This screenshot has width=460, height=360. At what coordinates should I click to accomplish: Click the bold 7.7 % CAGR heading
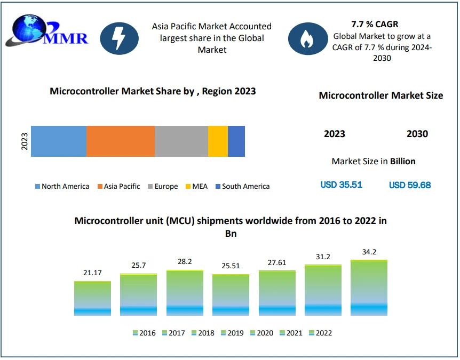375,24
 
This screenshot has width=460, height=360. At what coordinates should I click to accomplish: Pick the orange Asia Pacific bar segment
121,141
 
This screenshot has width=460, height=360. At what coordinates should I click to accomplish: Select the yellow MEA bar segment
218,141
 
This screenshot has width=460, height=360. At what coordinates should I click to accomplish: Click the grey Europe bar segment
181,141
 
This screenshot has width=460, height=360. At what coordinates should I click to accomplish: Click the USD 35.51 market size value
342,185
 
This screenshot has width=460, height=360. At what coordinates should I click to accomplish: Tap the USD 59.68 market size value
410,185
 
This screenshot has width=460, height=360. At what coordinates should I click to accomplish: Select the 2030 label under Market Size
417,134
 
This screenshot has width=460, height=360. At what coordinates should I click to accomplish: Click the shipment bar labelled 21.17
92,298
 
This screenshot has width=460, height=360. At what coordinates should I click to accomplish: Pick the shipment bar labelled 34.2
369,287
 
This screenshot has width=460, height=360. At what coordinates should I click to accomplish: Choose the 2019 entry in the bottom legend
232,333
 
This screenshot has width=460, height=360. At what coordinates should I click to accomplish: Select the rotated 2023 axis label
25,141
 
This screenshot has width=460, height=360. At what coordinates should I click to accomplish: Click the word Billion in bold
403,161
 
